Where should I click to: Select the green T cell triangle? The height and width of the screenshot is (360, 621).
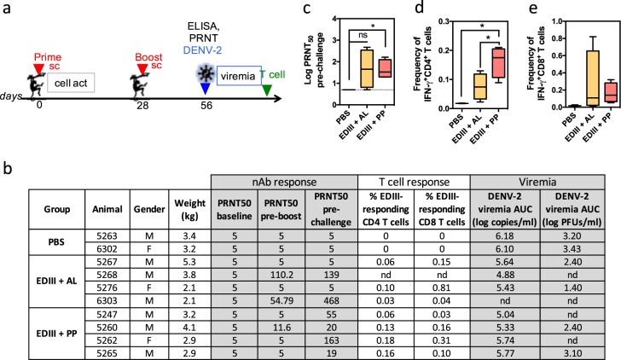(268, 90)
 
